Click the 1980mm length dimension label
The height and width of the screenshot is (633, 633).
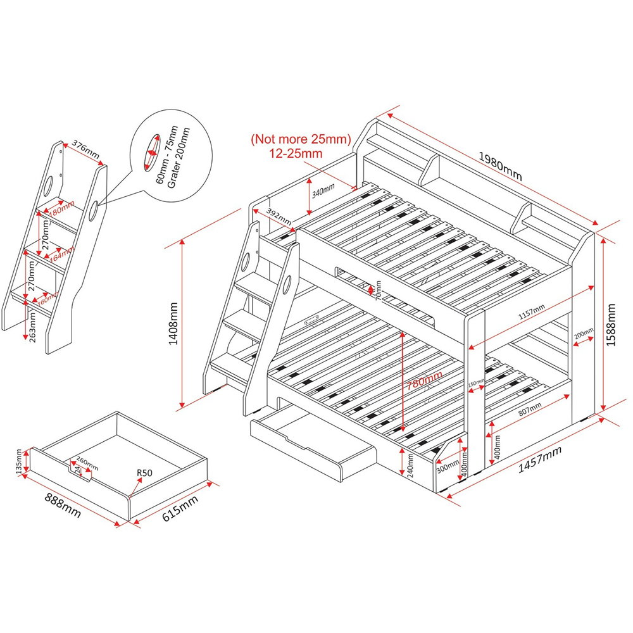[x=500, y=166]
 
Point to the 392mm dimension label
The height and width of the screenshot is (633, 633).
[x=279, y=216]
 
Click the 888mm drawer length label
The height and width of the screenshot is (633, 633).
[x=61, y=505]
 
